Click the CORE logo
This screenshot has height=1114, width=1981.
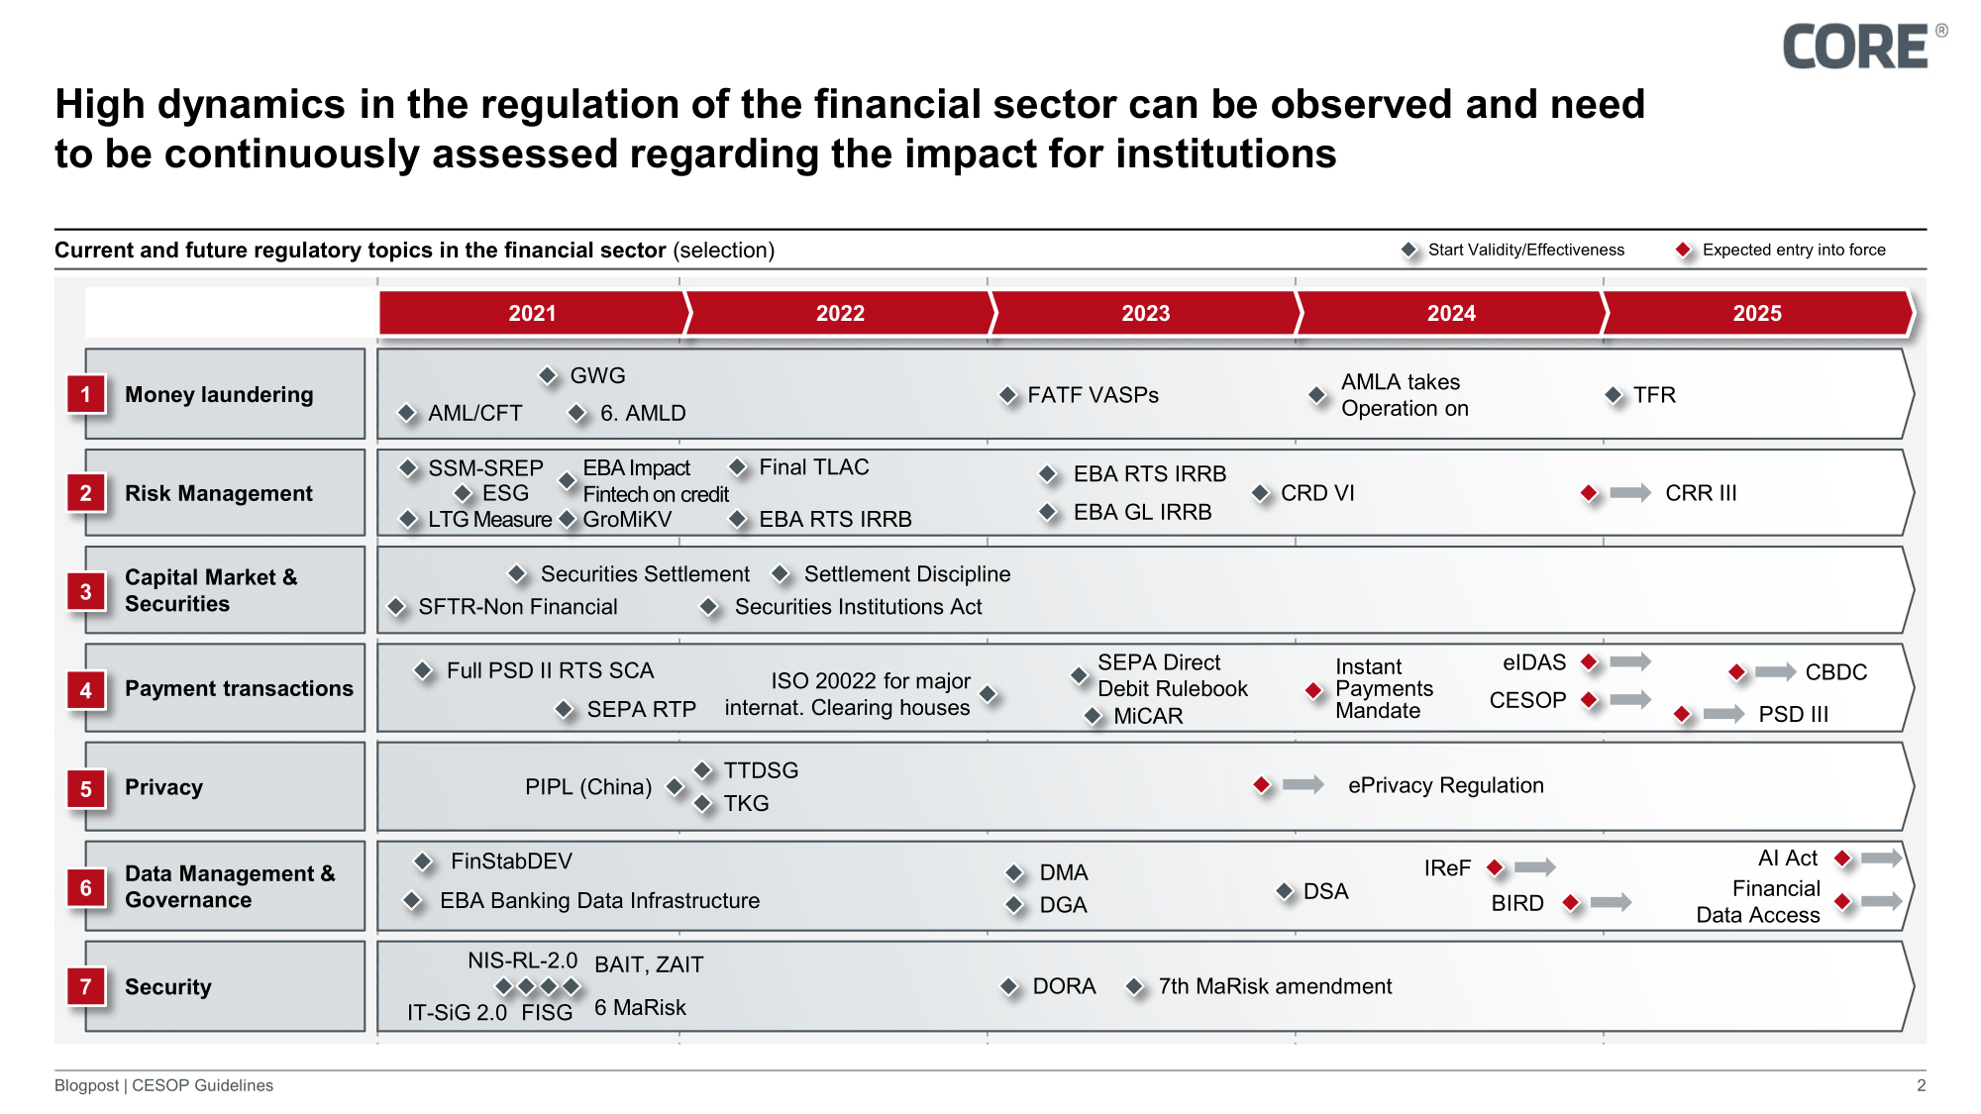1855,48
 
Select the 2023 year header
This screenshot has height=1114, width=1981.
1145,313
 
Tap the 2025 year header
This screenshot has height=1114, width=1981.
1756,313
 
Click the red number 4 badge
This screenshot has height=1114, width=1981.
86,690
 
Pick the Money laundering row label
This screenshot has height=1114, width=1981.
219,394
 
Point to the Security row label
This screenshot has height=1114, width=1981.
168,986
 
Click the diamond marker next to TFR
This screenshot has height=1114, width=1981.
1614,396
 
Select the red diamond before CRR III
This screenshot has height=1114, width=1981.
1590,493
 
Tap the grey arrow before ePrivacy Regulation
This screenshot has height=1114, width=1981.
1303,785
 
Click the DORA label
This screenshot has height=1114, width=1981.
1064,986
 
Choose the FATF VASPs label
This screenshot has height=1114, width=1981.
1093,395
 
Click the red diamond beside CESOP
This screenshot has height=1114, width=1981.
1590,700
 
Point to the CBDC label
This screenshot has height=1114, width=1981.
1835,672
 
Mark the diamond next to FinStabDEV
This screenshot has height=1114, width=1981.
423,862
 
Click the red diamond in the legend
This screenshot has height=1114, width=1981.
1683,251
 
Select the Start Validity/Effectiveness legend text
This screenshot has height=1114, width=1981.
1525,250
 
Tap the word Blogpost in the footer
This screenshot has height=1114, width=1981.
86,1085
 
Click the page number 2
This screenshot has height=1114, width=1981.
1921,1085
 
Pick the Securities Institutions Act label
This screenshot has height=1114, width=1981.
858,607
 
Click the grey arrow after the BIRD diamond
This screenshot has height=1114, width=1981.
1611,902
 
